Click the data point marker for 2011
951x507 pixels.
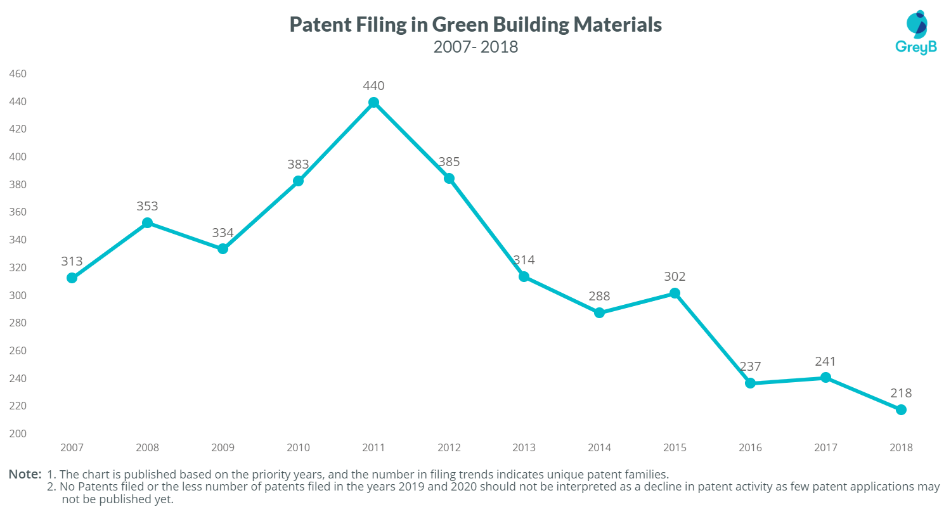373,103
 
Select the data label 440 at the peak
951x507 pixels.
373,86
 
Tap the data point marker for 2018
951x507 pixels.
901,409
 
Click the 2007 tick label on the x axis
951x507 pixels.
72,447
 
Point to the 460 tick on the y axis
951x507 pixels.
17,74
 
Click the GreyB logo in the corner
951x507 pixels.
915,32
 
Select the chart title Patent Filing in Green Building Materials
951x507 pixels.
475,24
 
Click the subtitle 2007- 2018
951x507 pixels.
475,47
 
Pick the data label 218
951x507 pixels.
901,393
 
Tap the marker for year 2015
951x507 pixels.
675,293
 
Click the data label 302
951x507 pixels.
675,276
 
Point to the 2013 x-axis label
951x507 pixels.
524,447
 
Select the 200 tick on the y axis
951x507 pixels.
17,433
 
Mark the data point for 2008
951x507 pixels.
147,222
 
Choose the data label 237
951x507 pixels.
750,366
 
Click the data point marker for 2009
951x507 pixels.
223,249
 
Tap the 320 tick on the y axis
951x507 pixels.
17,267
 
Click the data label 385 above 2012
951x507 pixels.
449,162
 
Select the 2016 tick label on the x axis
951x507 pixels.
750,447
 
